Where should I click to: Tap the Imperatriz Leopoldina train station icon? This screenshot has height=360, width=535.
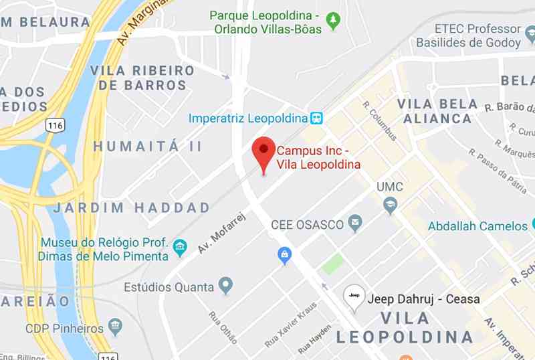tap(317, 118)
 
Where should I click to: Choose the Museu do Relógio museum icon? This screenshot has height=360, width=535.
tap(180, 248)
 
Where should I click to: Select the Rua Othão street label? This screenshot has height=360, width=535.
tap(223, 328)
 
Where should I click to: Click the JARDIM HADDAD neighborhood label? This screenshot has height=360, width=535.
tap(132, 207)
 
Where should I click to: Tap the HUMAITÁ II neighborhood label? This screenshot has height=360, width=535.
tap(147, 146)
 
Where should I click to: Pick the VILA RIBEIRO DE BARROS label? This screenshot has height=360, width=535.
tap(142, 78)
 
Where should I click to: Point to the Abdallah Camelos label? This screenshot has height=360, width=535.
tap(477, 226)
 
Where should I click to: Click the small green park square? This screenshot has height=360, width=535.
tap(332, 264)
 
